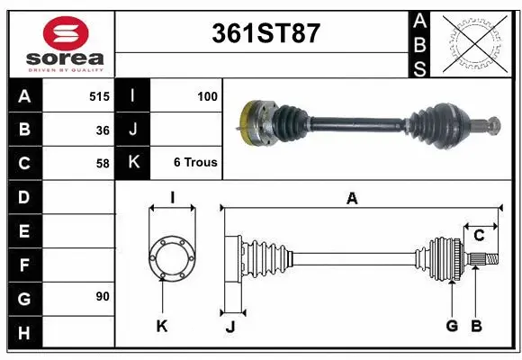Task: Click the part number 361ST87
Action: [265, 33]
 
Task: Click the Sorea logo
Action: [65, 41]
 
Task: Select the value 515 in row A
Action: [99, 95]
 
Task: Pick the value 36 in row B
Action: [102, 130]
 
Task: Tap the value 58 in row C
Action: [102, 163]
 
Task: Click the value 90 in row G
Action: [102, 296]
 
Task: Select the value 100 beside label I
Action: [207, 95]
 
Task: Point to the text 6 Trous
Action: [195, 163]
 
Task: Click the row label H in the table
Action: [24, 332]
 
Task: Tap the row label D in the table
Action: [24, 196]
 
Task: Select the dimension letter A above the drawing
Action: [352, 199]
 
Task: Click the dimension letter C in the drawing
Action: [479, 236]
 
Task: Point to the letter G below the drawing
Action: [452, 326]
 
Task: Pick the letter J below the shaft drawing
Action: [229, 327]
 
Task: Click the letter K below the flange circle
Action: [162, 326]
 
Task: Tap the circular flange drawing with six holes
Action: [171, 258]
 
